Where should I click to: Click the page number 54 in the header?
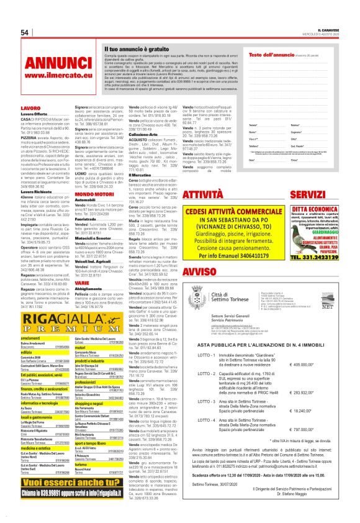[x=25, y=32]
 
